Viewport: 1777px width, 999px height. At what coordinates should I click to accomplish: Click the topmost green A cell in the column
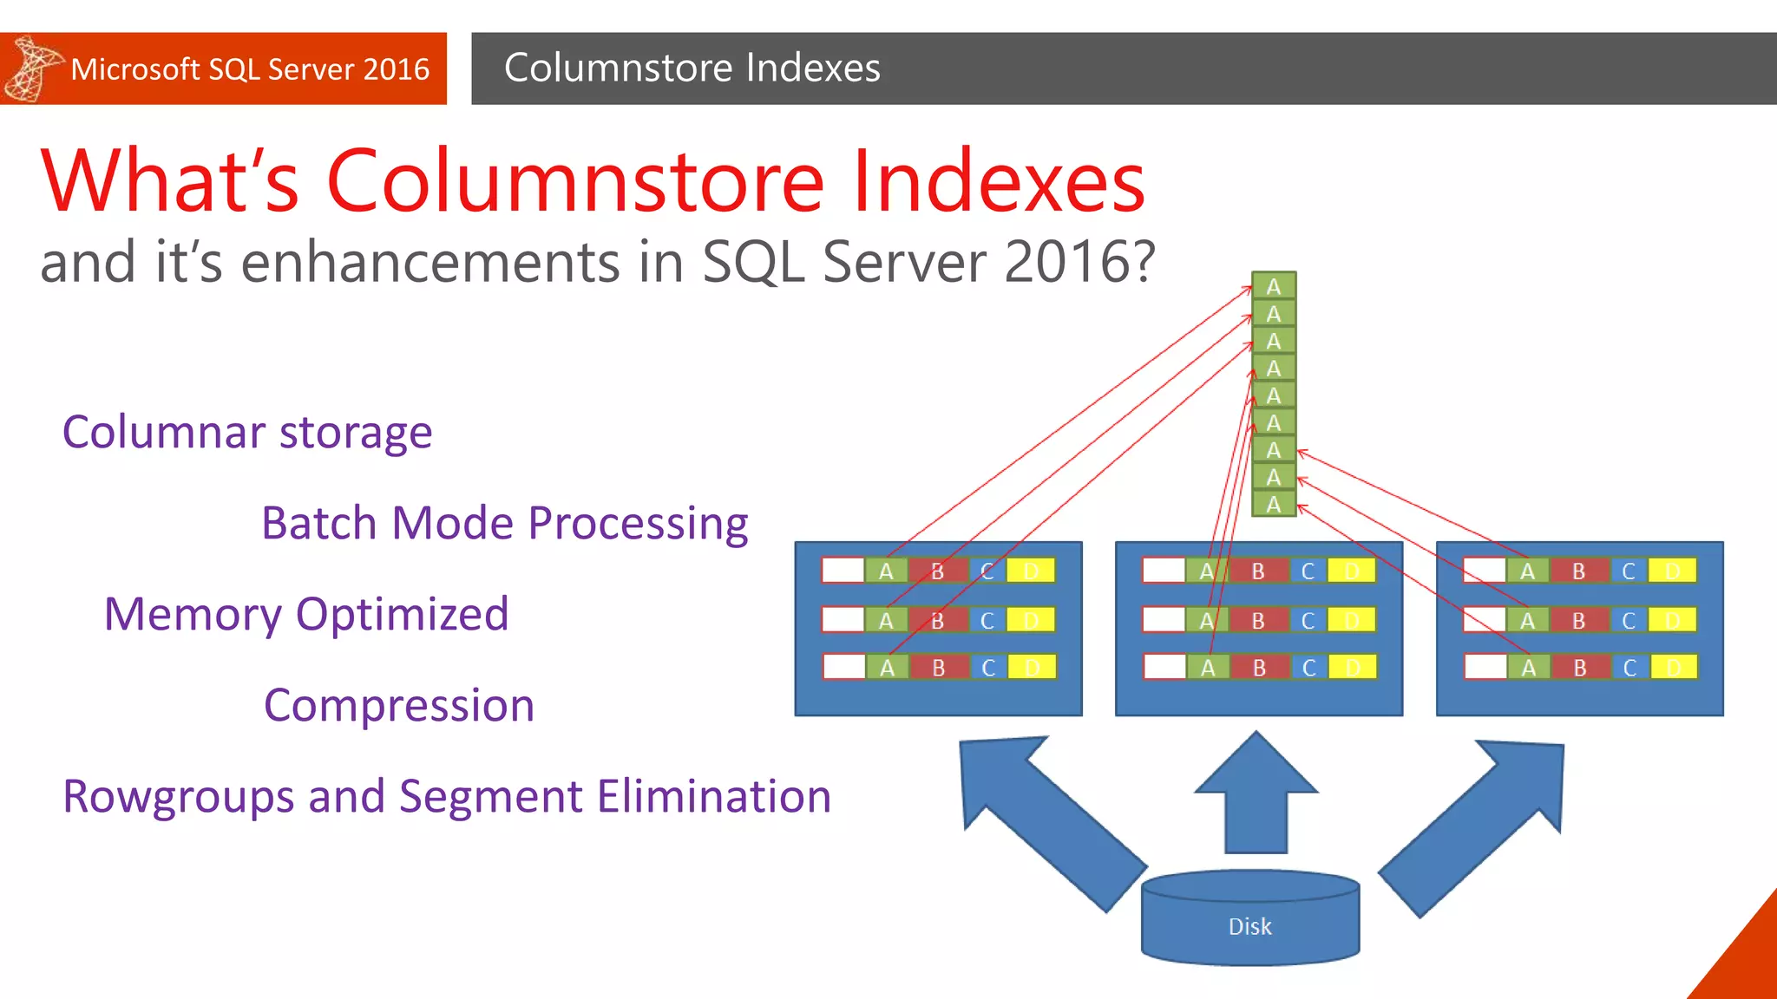[1273, 286]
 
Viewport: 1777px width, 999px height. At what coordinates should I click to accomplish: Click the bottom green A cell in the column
[1273, 504]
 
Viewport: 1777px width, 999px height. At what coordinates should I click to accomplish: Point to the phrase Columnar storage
[247, 432]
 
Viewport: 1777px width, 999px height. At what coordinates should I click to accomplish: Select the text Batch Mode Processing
[504, 523]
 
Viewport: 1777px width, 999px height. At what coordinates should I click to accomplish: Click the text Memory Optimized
[305, 614]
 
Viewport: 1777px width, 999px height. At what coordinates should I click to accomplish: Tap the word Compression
[399, 705]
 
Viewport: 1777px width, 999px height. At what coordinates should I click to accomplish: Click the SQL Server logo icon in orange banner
[32, 68]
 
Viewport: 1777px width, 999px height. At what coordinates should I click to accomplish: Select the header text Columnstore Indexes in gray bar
[692, 68]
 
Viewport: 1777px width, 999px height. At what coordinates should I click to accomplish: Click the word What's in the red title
[170, 181]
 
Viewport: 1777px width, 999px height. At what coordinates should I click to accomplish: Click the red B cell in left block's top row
[937, 571]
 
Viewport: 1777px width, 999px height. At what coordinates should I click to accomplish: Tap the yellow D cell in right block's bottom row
[1673, 667]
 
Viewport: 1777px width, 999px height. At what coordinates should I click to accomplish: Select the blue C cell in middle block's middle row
[1308, 620]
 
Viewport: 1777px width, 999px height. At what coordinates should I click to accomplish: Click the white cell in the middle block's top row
[1164, 571]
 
